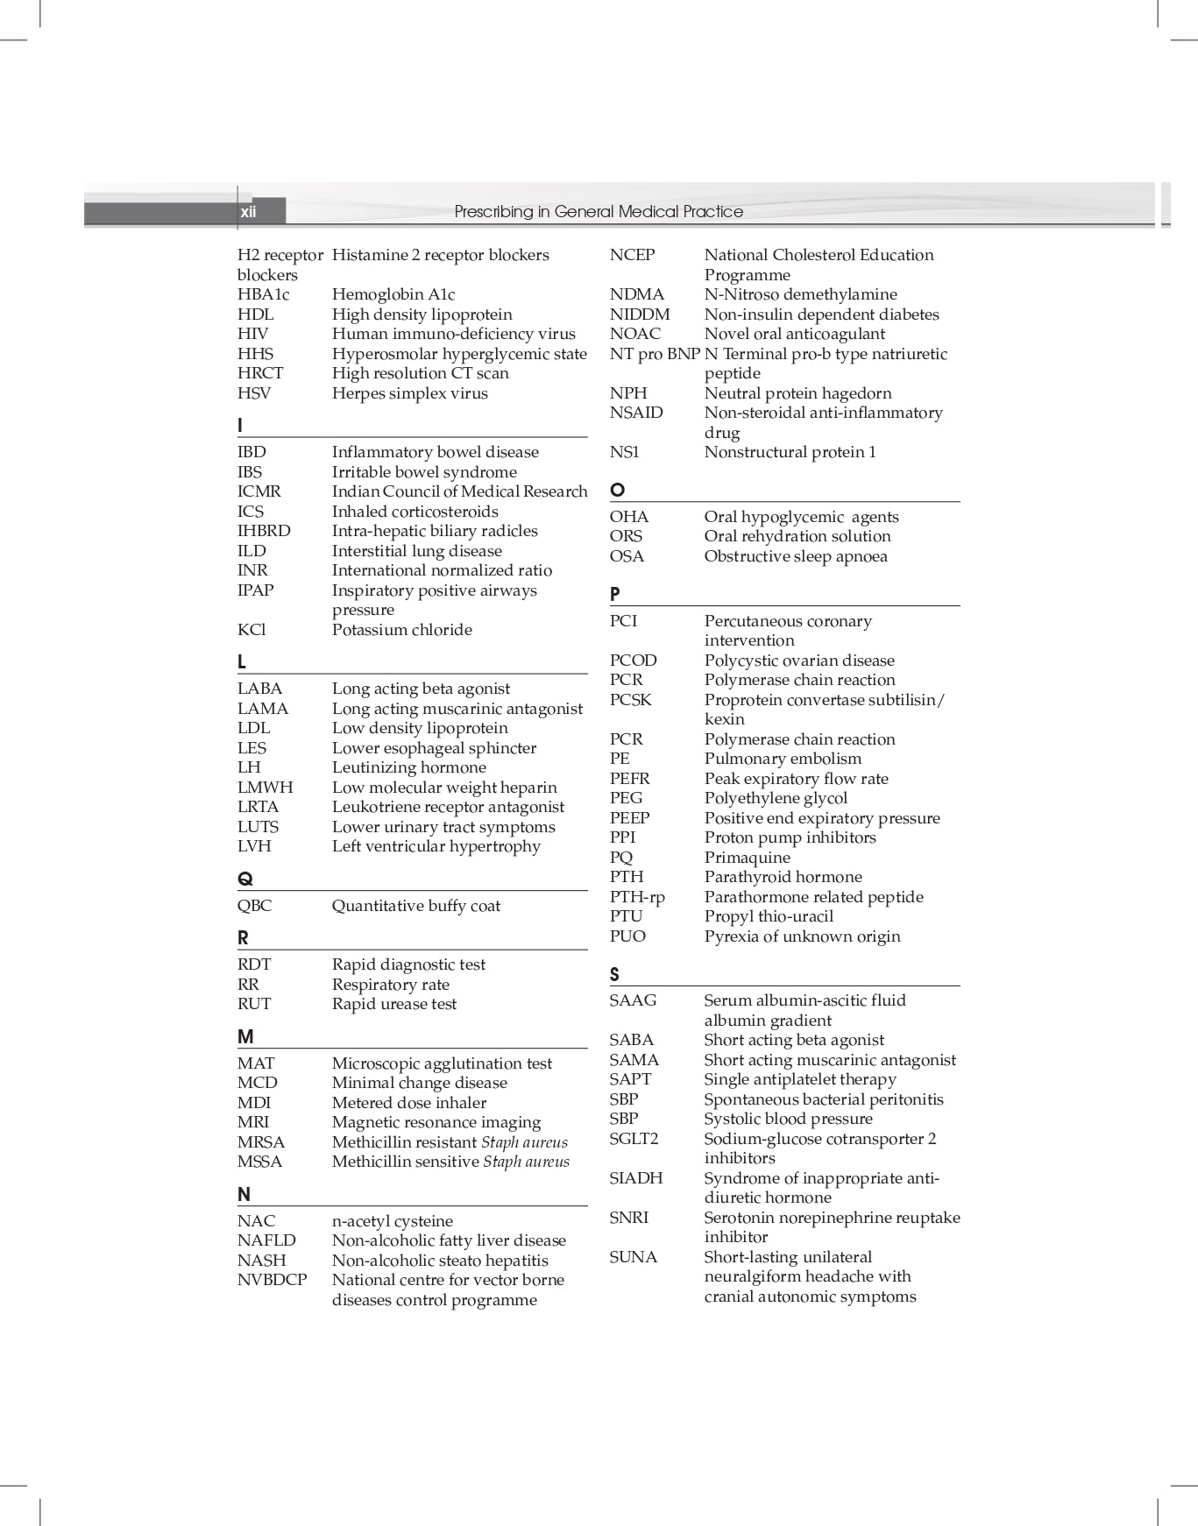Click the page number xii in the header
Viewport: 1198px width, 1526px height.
click(249, 212)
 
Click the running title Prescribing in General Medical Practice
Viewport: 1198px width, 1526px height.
click(599, 212)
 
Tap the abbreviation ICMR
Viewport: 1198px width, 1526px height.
click(259, 491)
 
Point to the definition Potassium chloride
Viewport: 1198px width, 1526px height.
click(401, 630)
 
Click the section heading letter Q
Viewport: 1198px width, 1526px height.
click(245, 879)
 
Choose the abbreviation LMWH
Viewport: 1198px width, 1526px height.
click(265, 788)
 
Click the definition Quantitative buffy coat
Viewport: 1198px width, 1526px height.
click(415, 906)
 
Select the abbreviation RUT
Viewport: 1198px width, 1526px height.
click(253, 1004)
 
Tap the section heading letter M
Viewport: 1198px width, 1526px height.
click(245, 1037)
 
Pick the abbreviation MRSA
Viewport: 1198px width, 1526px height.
click(260, 1142)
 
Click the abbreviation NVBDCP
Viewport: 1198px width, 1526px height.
click(272, 1280)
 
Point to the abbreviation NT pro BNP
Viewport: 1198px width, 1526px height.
click(655, 354)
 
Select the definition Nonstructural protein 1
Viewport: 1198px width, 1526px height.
click(790, 452)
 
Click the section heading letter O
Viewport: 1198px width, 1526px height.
click(617, 490)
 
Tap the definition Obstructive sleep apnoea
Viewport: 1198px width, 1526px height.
click(795, 556)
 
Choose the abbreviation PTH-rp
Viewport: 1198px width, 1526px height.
click(637, 897)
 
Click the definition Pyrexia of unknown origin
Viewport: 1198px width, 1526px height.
click(802, 936)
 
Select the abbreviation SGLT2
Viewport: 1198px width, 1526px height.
click(634, 1139)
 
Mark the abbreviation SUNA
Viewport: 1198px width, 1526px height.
click(633, 1257)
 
